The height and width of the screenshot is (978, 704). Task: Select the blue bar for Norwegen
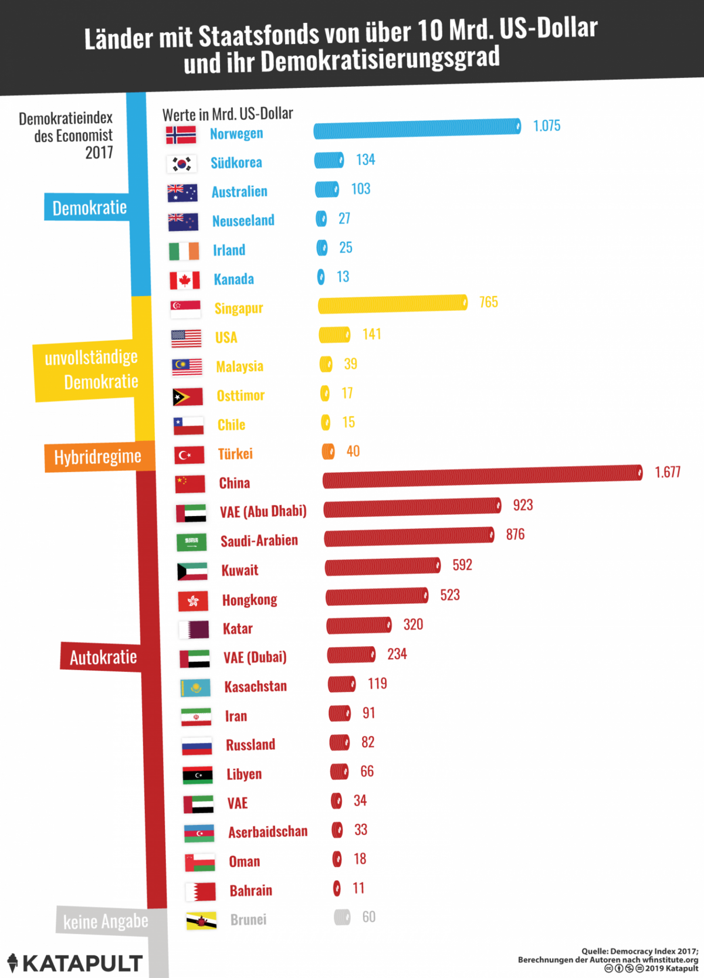[x=417, y=128]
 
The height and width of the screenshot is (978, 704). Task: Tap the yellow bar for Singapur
[x=392, y=304]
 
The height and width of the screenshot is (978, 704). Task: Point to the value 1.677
[x=668, y=472]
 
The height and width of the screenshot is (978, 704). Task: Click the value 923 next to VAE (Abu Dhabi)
[x=523, y=505]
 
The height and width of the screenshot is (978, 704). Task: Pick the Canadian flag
[x=184, y=280]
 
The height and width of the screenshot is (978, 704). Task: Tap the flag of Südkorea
[x=181, y=164]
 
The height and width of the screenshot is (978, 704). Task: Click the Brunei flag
[x=201, y=920]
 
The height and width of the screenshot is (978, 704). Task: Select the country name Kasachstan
[x=255, y=687]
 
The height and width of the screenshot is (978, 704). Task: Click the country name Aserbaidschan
[x=268, y=832]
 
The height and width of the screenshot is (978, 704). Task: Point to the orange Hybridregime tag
[x=98, y=457]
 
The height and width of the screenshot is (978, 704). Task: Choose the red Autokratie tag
[x=103, y=657]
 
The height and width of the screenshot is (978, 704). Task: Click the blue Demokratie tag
[x=89, y=208]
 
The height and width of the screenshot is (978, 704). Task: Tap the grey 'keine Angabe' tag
[x=106, y=921]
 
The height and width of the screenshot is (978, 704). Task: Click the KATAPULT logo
[x=75, y=963]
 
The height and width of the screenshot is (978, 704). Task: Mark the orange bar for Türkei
[x=328, y=451]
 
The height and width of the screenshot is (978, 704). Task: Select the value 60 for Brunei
[x=368, y=917]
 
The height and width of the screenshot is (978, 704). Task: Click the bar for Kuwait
[x=383, y=566]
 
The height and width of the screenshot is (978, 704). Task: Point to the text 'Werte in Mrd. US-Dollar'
[x=228, y=114]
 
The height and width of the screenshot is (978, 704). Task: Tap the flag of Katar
[x=194, y=630]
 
